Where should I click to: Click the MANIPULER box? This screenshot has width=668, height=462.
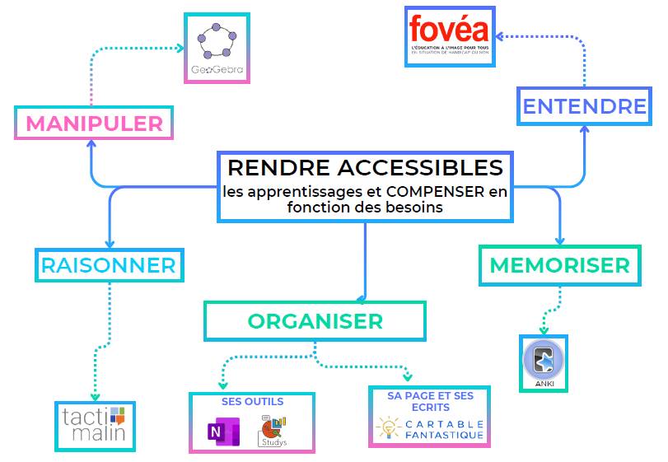[x=94, y=124]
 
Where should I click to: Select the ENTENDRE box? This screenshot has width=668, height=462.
[x=584, y=106]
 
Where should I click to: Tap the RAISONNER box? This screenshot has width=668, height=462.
[x=109, y=265]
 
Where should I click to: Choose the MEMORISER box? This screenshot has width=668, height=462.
[x=559, y=265]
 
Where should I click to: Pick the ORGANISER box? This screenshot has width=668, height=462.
[x=315, y=320]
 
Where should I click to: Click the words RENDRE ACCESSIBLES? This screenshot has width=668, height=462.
[x=365, y=167]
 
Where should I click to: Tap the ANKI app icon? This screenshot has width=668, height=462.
[x=544, y=359]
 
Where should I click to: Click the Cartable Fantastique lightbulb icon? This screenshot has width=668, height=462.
[x=386, y=428]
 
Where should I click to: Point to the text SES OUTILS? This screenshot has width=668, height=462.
[x=252, y=402]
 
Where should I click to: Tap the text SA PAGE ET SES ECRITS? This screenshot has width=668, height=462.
[x=430, y=401]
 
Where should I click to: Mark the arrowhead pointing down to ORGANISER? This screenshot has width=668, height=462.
[x=365, y=297]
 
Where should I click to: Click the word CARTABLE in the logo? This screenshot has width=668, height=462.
[x=443, y=423]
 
